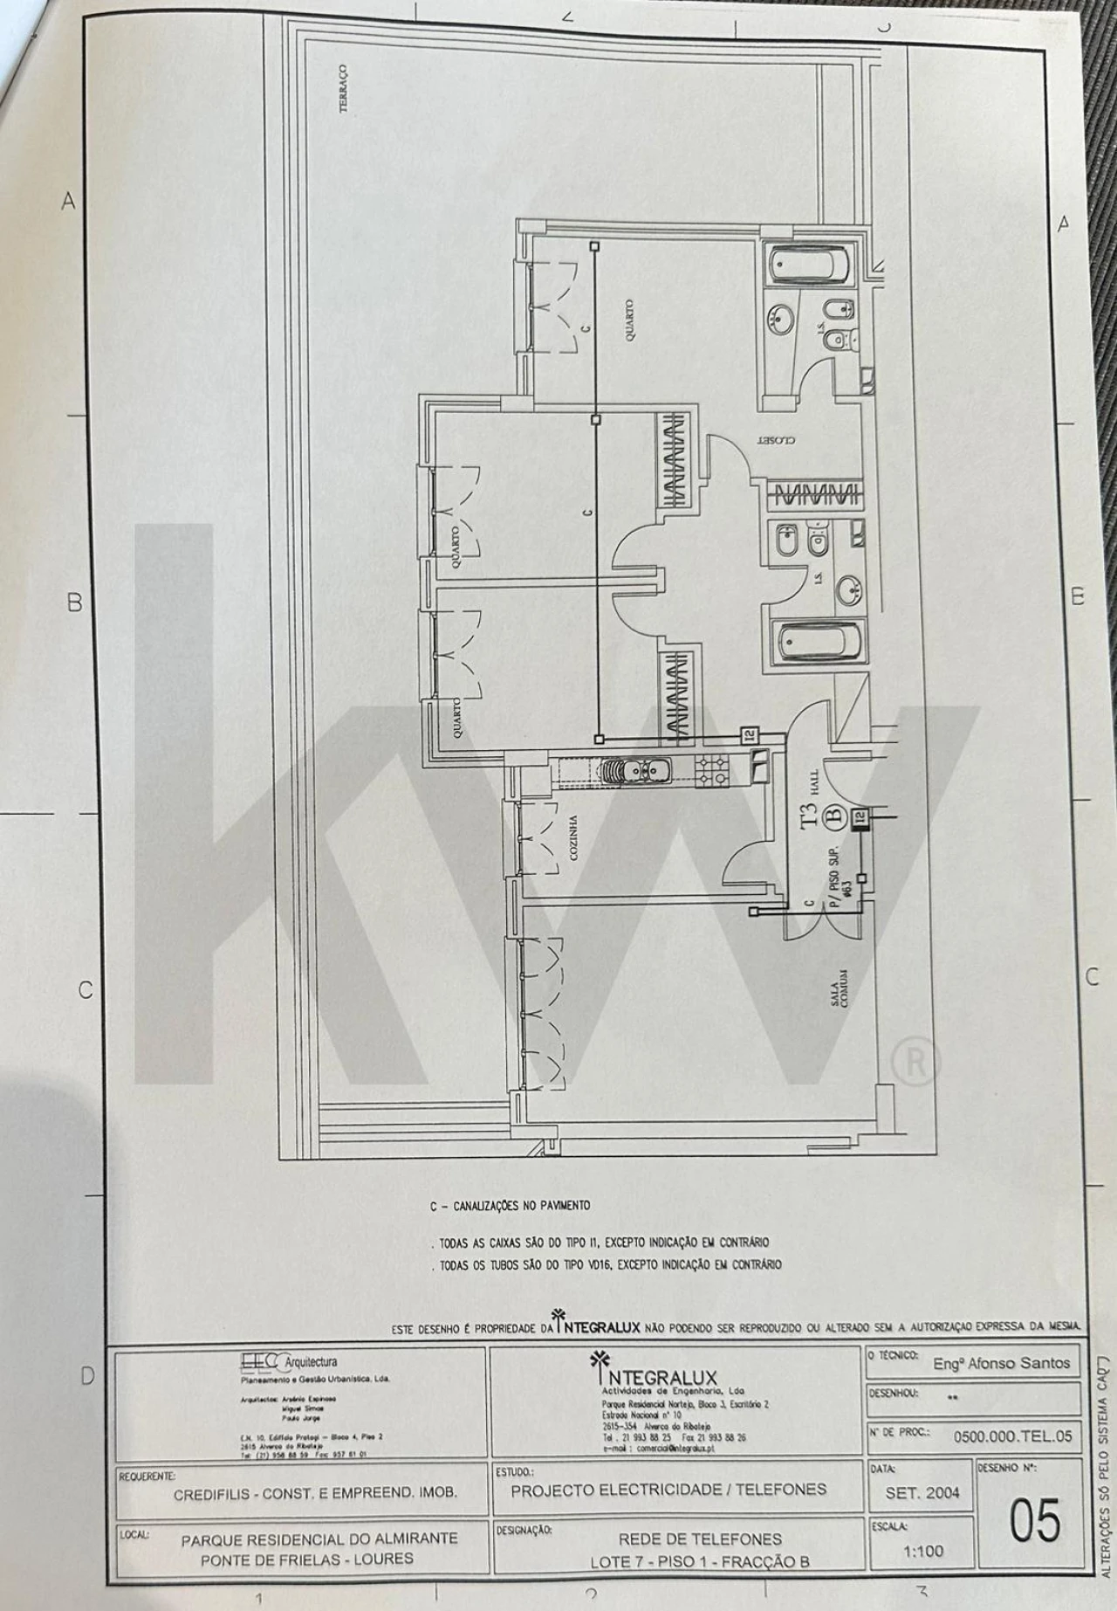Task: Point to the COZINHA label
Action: [x=573, y=839]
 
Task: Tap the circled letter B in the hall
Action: [x=833, y=817]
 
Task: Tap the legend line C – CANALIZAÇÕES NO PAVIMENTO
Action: [x=510, y=1206]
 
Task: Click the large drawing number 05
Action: [x=1034, y=1521]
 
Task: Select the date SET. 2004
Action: [x=922, y=1492]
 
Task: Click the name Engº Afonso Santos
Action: [x=1000, y=1363]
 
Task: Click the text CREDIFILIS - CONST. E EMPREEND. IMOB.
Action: [x=315, y=1493]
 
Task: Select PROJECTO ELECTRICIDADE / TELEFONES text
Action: [x=668, y=1490]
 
